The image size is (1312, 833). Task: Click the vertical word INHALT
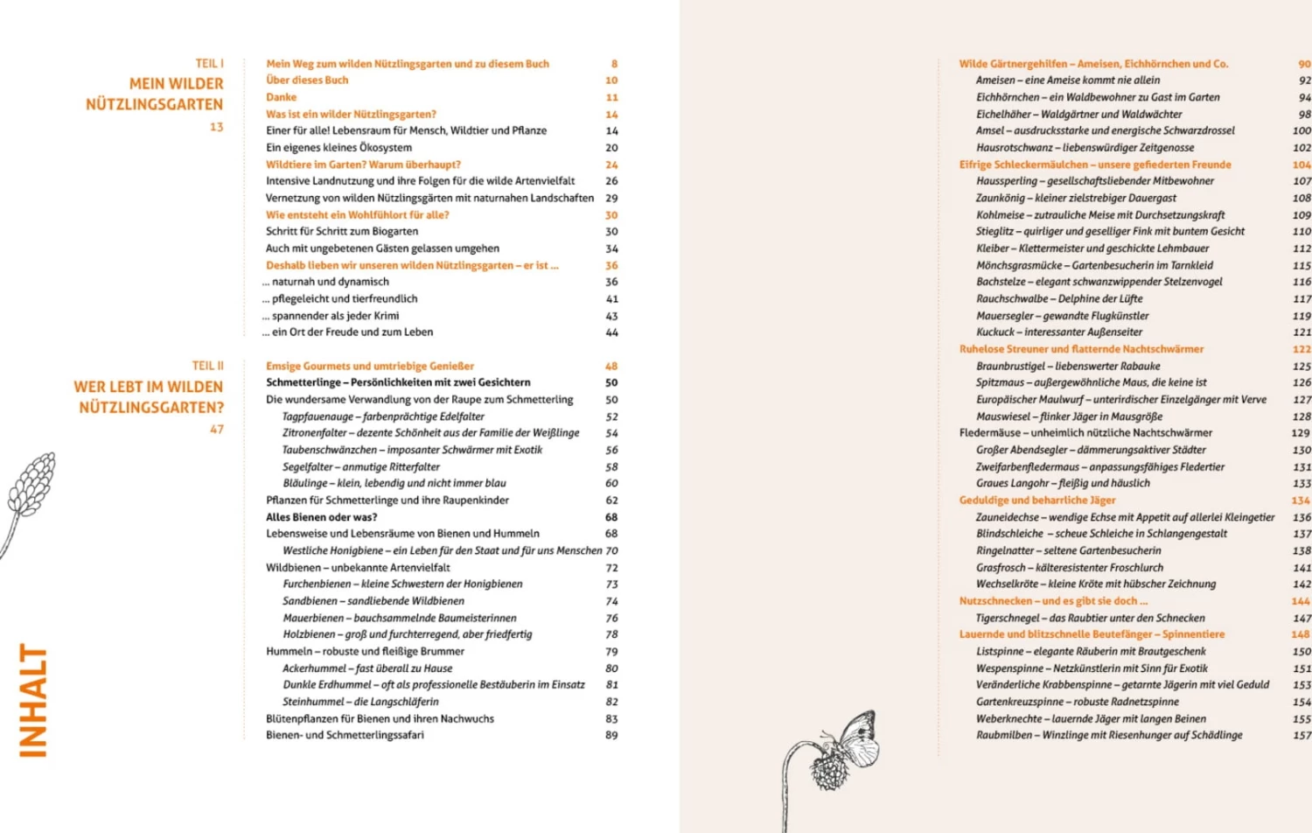33,700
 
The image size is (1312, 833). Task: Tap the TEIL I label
209,63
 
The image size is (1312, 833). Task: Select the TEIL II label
207,366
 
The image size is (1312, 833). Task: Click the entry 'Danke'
281,97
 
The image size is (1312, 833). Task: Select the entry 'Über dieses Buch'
307,80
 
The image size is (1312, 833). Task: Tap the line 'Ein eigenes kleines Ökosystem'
338,147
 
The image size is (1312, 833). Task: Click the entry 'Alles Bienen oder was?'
321,517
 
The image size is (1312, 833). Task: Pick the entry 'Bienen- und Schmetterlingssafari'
345,735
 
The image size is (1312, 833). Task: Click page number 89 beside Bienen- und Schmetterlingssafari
611,735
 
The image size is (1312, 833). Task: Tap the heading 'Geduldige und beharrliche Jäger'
1037,500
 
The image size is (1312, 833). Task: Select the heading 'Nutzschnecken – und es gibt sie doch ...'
1053,601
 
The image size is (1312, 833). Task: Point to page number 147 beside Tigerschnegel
1302,618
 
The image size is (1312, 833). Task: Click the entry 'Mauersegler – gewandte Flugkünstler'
1062,316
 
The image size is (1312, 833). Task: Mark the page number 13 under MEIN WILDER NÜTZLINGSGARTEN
216,127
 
